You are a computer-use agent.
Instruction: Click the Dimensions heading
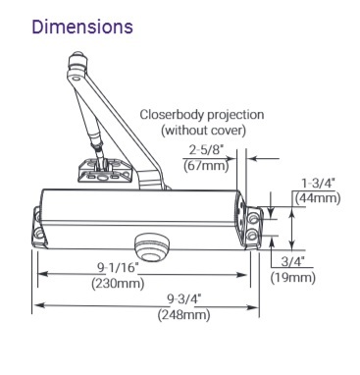coord(82,27)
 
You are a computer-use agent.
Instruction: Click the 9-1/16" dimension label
coord(118,267)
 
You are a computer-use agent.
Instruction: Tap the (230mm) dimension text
coord(118,283)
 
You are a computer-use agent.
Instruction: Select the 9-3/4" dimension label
coord(183,298)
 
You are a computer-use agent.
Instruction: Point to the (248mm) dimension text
coord(183,315)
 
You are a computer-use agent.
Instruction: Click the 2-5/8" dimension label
coord(206,150)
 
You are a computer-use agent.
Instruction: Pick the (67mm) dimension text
coord(206,166)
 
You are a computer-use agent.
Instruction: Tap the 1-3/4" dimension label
coord(318,183)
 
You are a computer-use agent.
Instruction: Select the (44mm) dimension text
coord(318,198)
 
